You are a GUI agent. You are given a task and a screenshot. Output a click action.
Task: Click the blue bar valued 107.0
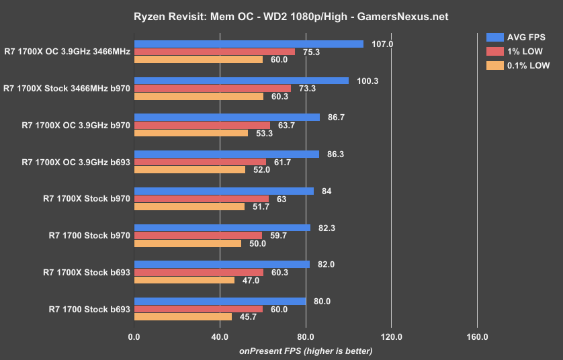tap(249, 44)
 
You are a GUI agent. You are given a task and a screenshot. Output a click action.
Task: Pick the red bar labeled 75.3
tap(214, 52)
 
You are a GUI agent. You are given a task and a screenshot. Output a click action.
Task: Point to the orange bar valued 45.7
tap(183, 316)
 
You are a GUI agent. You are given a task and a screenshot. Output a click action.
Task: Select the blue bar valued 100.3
tap(241, 81)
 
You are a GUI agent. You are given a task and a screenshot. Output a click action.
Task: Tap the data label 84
tap(327, 191)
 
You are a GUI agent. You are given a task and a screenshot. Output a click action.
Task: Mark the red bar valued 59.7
tap(198, 235)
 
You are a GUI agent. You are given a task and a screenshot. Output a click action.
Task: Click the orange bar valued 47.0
tap(184, 279)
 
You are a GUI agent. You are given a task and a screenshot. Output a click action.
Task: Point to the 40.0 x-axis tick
tap(220, 336)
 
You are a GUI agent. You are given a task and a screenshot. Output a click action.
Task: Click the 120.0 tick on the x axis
tap(391, 336)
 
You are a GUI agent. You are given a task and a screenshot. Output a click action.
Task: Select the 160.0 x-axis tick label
tap(477, 336)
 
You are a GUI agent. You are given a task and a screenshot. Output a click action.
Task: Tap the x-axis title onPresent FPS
tap(305, 351)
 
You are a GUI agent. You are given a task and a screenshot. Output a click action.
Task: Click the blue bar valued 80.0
tap(220, 302)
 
